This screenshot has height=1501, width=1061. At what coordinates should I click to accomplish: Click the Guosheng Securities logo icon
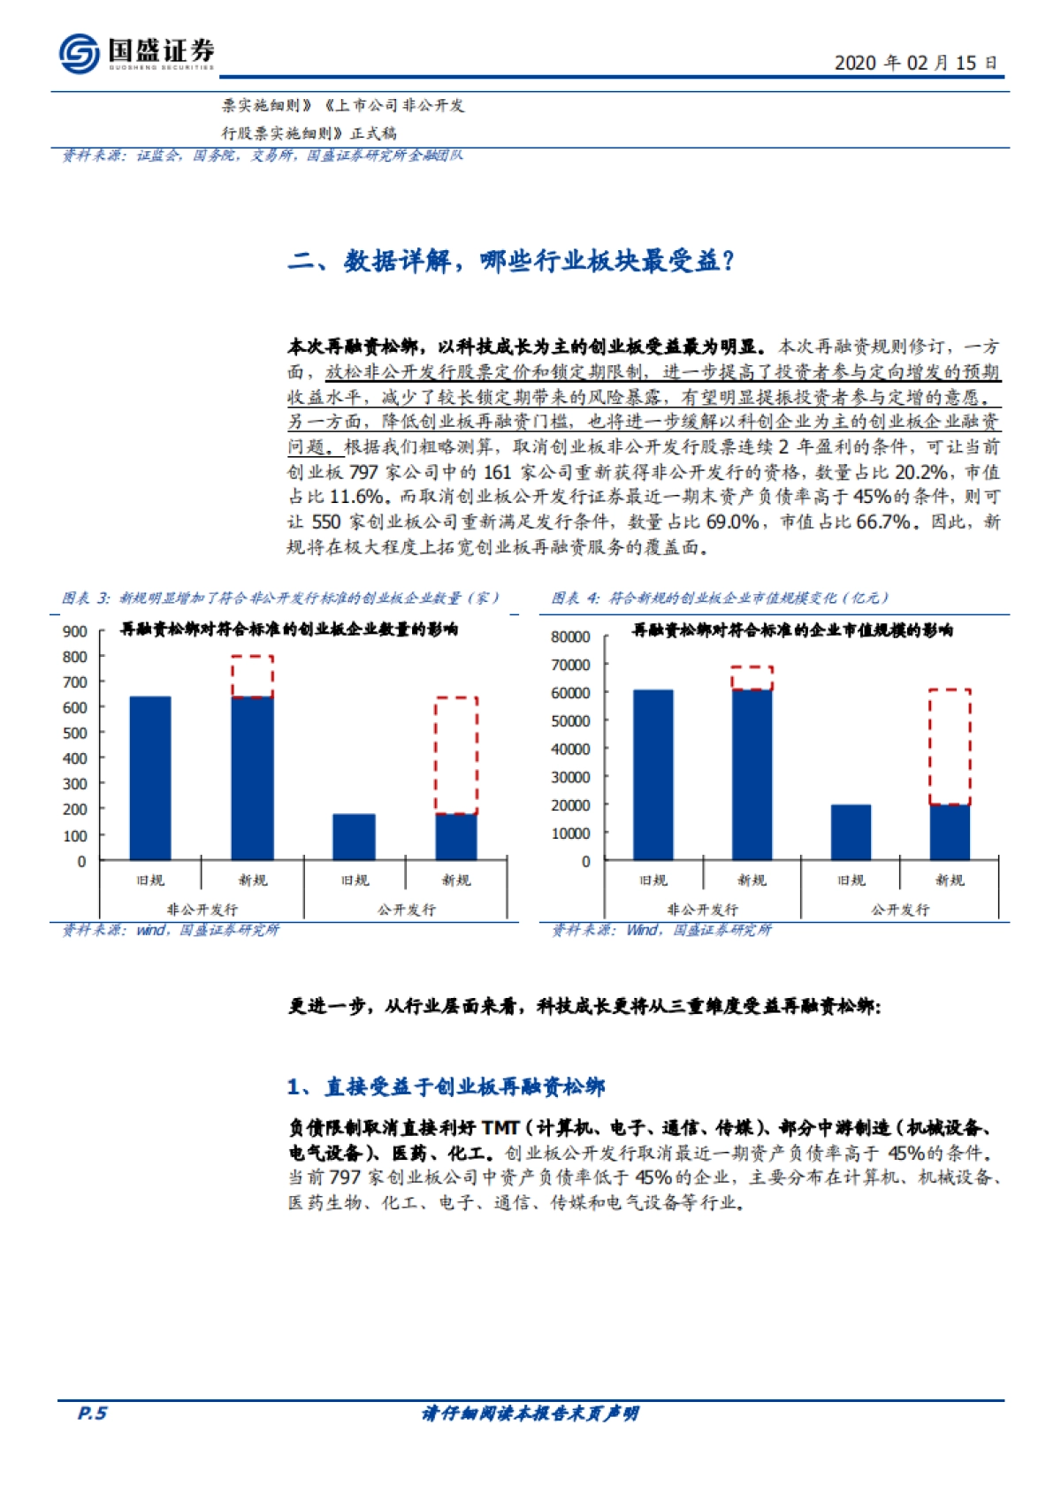[x=79, y=53]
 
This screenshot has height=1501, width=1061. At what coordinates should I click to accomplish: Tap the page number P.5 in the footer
[x=92, y=1413]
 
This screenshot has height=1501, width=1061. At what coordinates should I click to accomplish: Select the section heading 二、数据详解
[x=510, y=261]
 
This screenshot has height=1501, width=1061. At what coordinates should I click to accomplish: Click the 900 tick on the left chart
[x=75, y=631]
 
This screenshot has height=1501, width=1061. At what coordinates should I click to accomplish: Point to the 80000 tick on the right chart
[x=570, y=636]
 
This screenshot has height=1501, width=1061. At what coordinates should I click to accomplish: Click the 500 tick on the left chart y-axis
[x=75, y=733]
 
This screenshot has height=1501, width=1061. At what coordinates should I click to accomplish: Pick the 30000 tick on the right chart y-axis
[x=570, y=777]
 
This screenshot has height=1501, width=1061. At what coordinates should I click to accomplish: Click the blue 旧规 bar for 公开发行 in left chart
[x=354, y=836]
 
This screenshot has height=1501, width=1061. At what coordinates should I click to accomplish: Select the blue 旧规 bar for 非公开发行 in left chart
[x=150, y=778]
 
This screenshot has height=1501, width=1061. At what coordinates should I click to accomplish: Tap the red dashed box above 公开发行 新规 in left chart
[x=456, y=755]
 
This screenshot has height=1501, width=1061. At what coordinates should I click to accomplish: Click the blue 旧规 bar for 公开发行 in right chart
[x=851, y=832]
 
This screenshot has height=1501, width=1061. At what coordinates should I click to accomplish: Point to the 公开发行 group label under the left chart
[x=406, y=909]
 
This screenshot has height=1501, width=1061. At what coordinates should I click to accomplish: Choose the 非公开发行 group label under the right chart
[x=702, y=909]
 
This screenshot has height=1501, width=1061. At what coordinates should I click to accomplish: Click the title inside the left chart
[x=289, y=629]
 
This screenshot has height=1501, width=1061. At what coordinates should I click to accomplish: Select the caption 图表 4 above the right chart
[x=720, y=598]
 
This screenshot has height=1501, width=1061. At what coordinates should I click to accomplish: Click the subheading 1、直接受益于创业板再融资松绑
[x=447, y=1086]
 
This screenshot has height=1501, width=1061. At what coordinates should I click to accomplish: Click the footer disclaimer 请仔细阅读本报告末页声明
[x=530, y=1413]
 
